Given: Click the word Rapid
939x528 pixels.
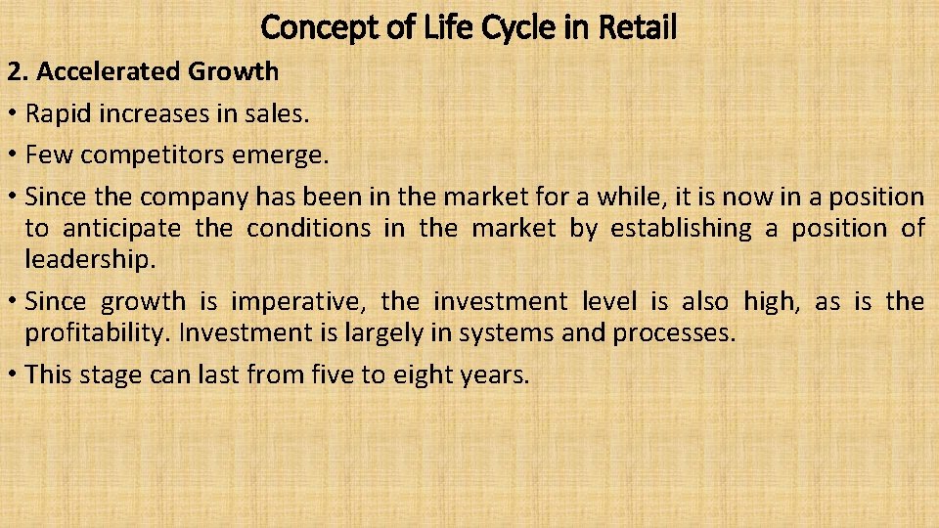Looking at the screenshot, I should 56,113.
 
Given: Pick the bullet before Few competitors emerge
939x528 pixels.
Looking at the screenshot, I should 13,155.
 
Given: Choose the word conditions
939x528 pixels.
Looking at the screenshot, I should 308,229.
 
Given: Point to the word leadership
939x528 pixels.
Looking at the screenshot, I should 88,260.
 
